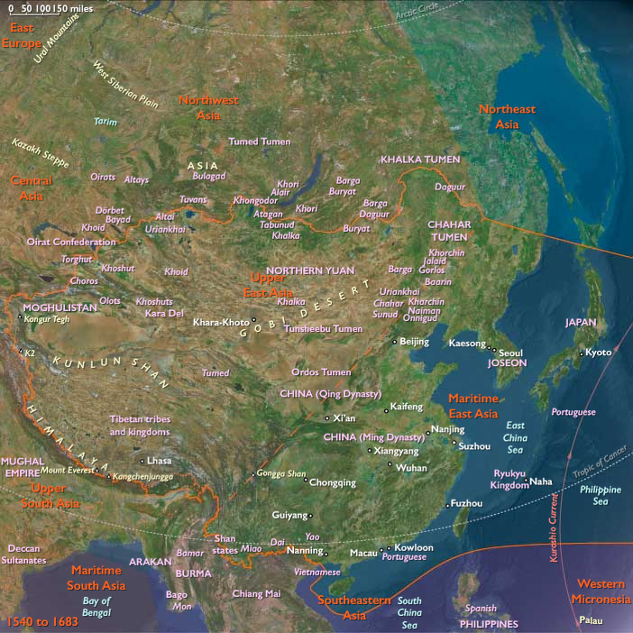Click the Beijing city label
414,342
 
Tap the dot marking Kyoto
582,353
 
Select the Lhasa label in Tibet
159,460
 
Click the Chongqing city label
333,482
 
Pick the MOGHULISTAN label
59,307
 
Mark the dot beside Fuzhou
447,503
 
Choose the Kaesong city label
467,343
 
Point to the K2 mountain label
30,353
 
